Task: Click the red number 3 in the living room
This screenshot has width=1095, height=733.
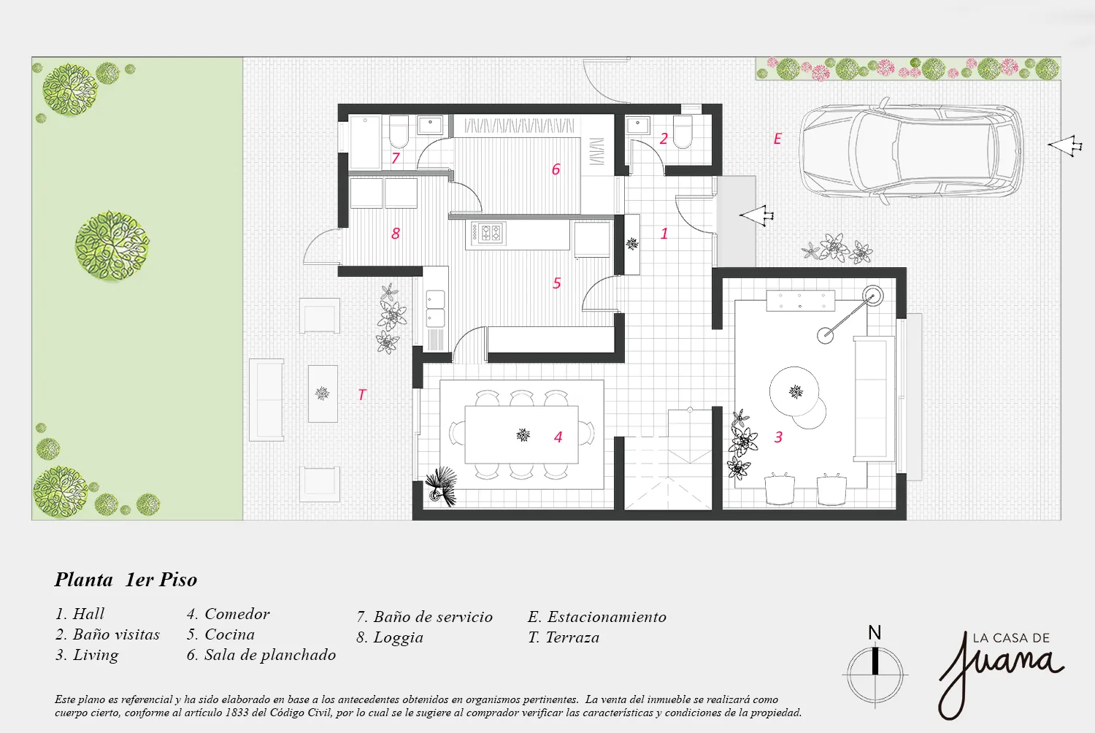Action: click(778, 437)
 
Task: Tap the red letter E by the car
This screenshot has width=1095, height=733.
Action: click(777, 139)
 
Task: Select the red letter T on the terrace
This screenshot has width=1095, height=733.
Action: click(362, 395)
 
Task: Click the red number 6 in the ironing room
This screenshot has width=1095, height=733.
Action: click(556, 169)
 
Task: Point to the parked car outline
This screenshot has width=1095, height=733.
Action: click(911, 151)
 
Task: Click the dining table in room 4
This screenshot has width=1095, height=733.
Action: click(521, 435)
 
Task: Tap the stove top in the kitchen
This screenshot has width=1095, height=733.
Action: click(488, 233)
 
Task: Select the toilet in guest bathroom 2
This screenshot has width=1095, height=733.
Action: click(683, 131)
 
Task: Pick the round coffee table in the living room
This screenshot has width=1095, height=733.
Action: click(795, 392)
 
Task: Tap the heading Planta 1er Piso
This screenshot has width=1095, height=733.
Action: click(126, 580)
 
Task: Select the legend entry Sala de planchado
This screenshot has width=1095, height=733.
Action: click(261, 655)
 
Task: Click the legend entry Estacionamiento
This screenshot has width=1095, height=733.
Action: click(597, 617)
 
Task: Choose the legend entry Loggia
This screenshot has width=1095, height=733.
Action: click(390, 637)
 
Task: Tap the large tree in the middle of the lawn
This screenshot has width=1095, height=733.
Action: click(112, 246)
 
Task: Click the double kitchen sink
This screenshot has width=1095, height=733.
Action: click(435, 309)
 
